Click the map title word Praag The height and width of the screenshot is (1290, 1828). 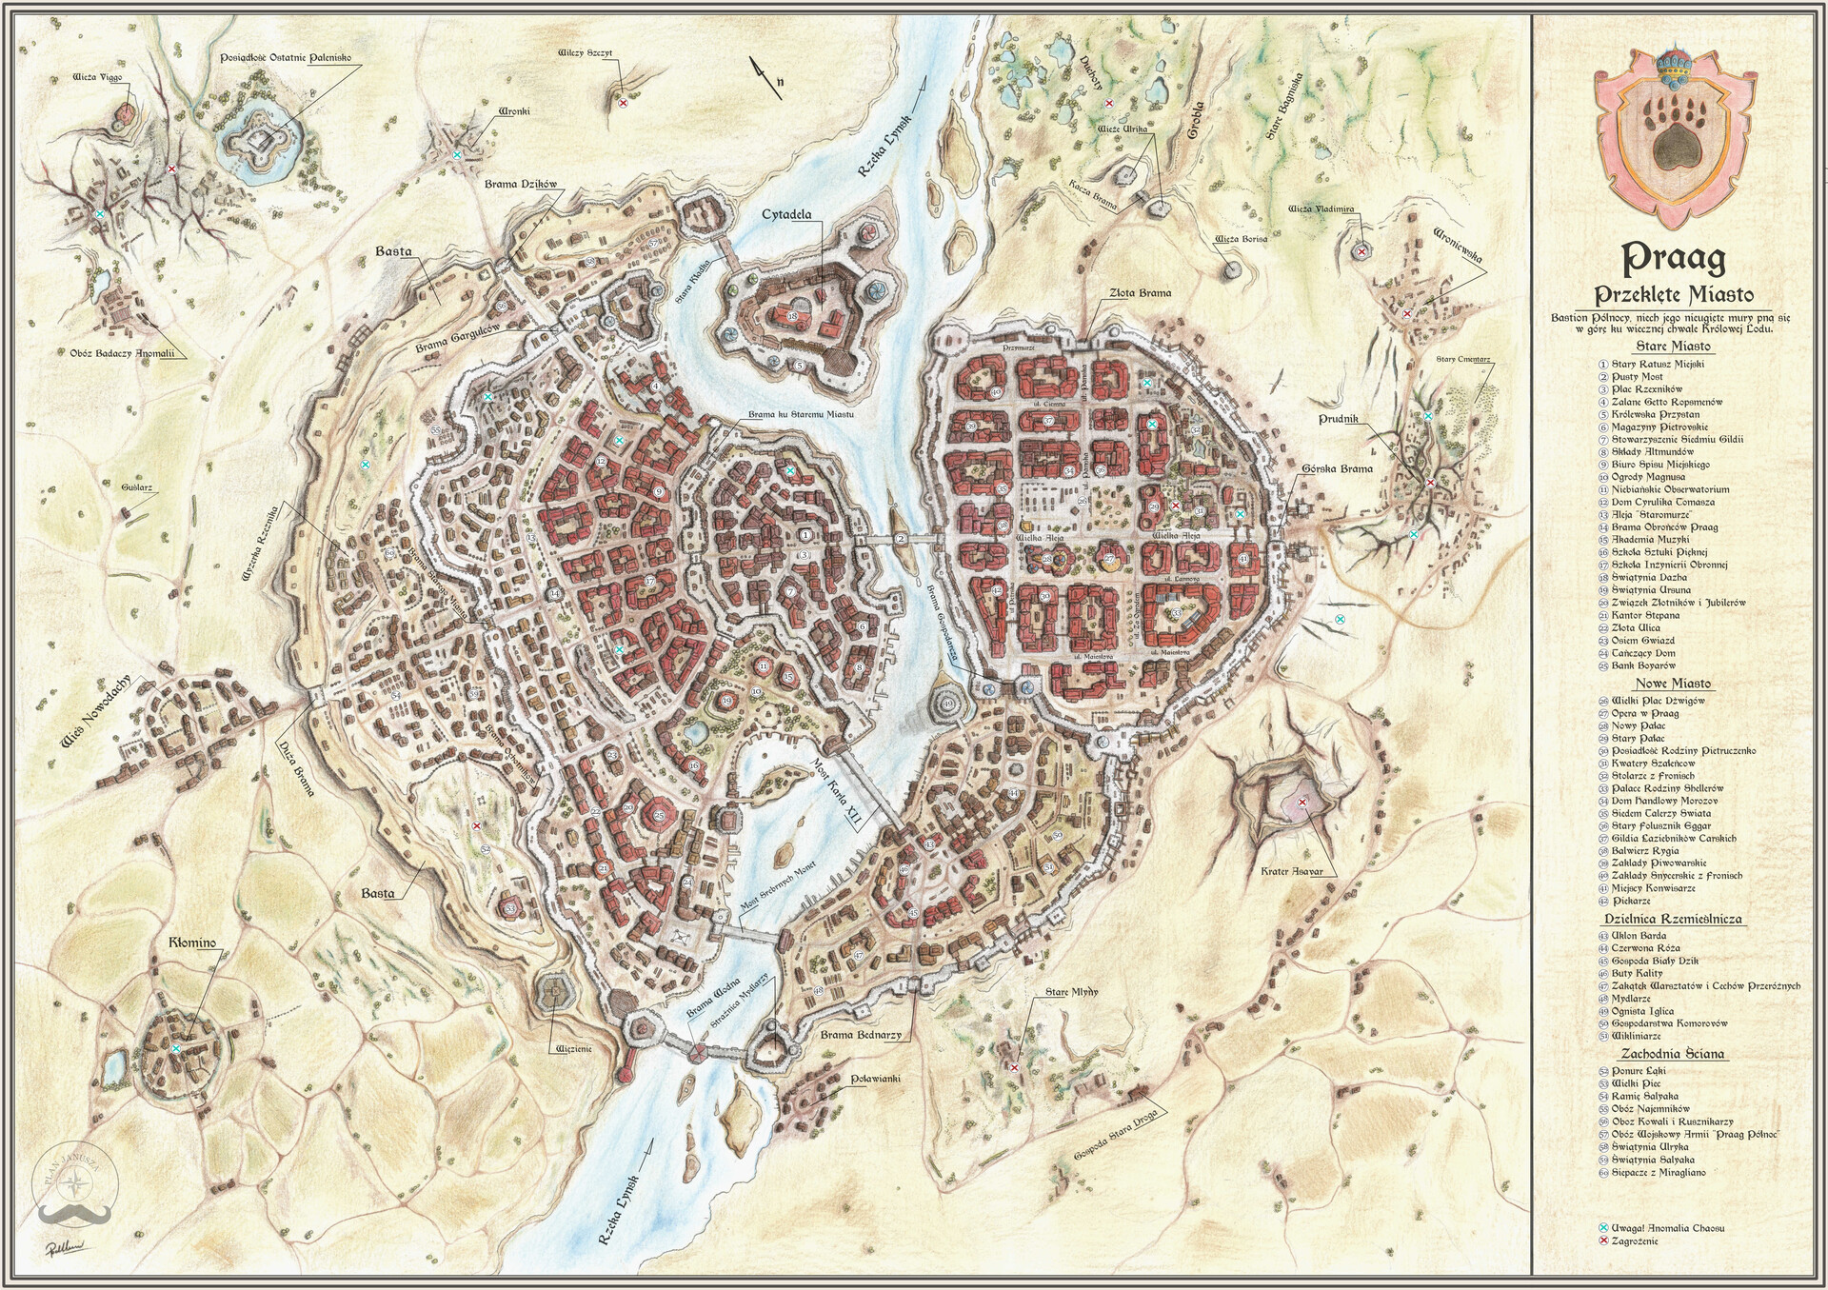(1674, 257)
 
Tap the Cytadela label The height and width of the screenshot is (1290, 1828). (786, 215)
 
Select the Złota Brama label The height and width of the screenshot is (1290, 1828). (1141, 293)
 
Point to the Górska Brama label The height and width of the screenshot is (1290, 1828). (1338, 468)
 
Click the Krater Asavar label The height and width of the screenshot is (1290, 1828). (1291, 872)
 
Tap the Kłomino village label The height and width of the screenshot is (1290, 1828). (192, 943)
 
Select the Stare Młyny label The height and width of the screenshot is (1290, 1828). (1071, 992)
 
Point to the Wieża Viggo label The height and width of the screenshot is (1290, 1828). (97, 76)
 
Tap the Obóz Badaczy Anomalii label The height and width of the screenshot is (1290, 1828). (124, 353)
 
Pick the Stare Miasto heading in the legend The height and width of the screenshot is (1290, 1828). (1672, 347)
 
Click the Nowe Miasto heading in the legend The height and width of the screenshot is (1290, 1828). (1673, 684)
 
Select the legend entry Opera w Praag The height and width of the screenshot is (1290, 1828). (1644, 713)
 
